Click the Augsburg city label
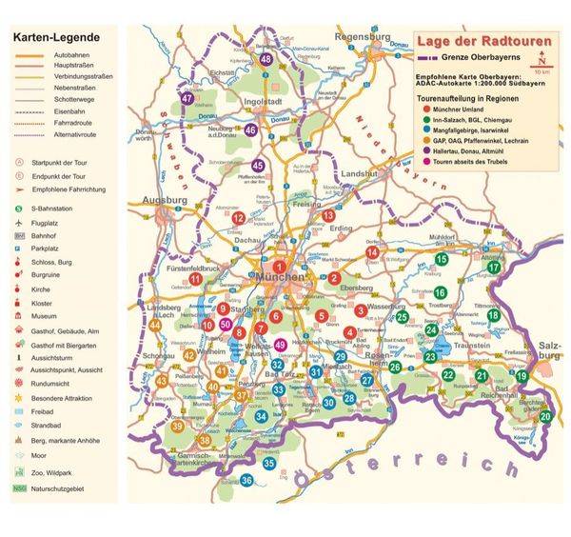[x=163, y=200]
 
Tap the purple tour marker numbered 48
[x=267, y=59]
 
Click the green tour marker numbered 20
[x=545, y=416]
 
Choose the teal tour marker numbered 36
[x=246, y=481]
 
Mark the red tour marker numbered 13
[x=328, y=216]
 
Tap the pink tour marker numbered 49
[x=279, y=345]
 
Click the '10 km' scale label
[x=541, y=71]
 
